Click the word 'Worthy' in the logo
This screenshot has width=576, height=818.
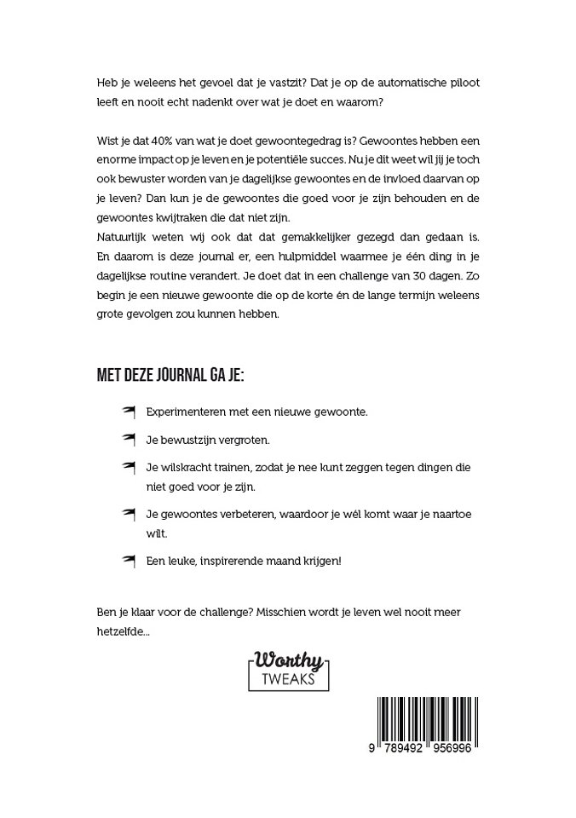pyautogui.click(x=286, y=660)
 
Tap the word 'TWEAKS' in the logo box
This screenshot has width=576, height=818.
pyautogui.click(x=286, y=678)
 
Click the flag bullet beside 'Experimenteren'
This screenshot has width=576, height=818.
pyautogui.click(x=130, y=411)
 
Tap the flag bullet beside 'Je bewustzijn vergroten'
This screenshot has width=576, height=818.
pyautogui.click(x=130, y=440)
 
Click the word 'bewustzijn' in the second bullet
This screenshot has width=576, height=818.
pyautogui.click(x=189, y=441)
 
